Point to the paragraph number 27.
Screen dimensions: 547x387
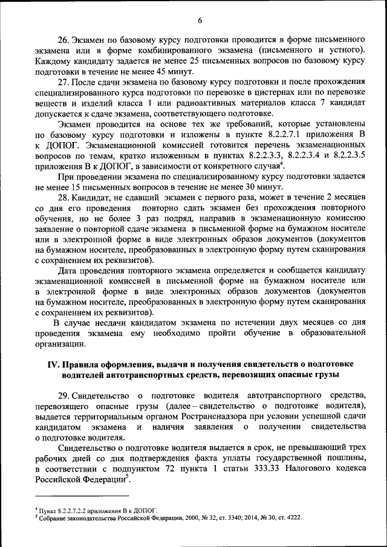[65, 82]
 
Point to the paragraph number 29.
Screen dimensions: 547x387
[65, 395]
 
